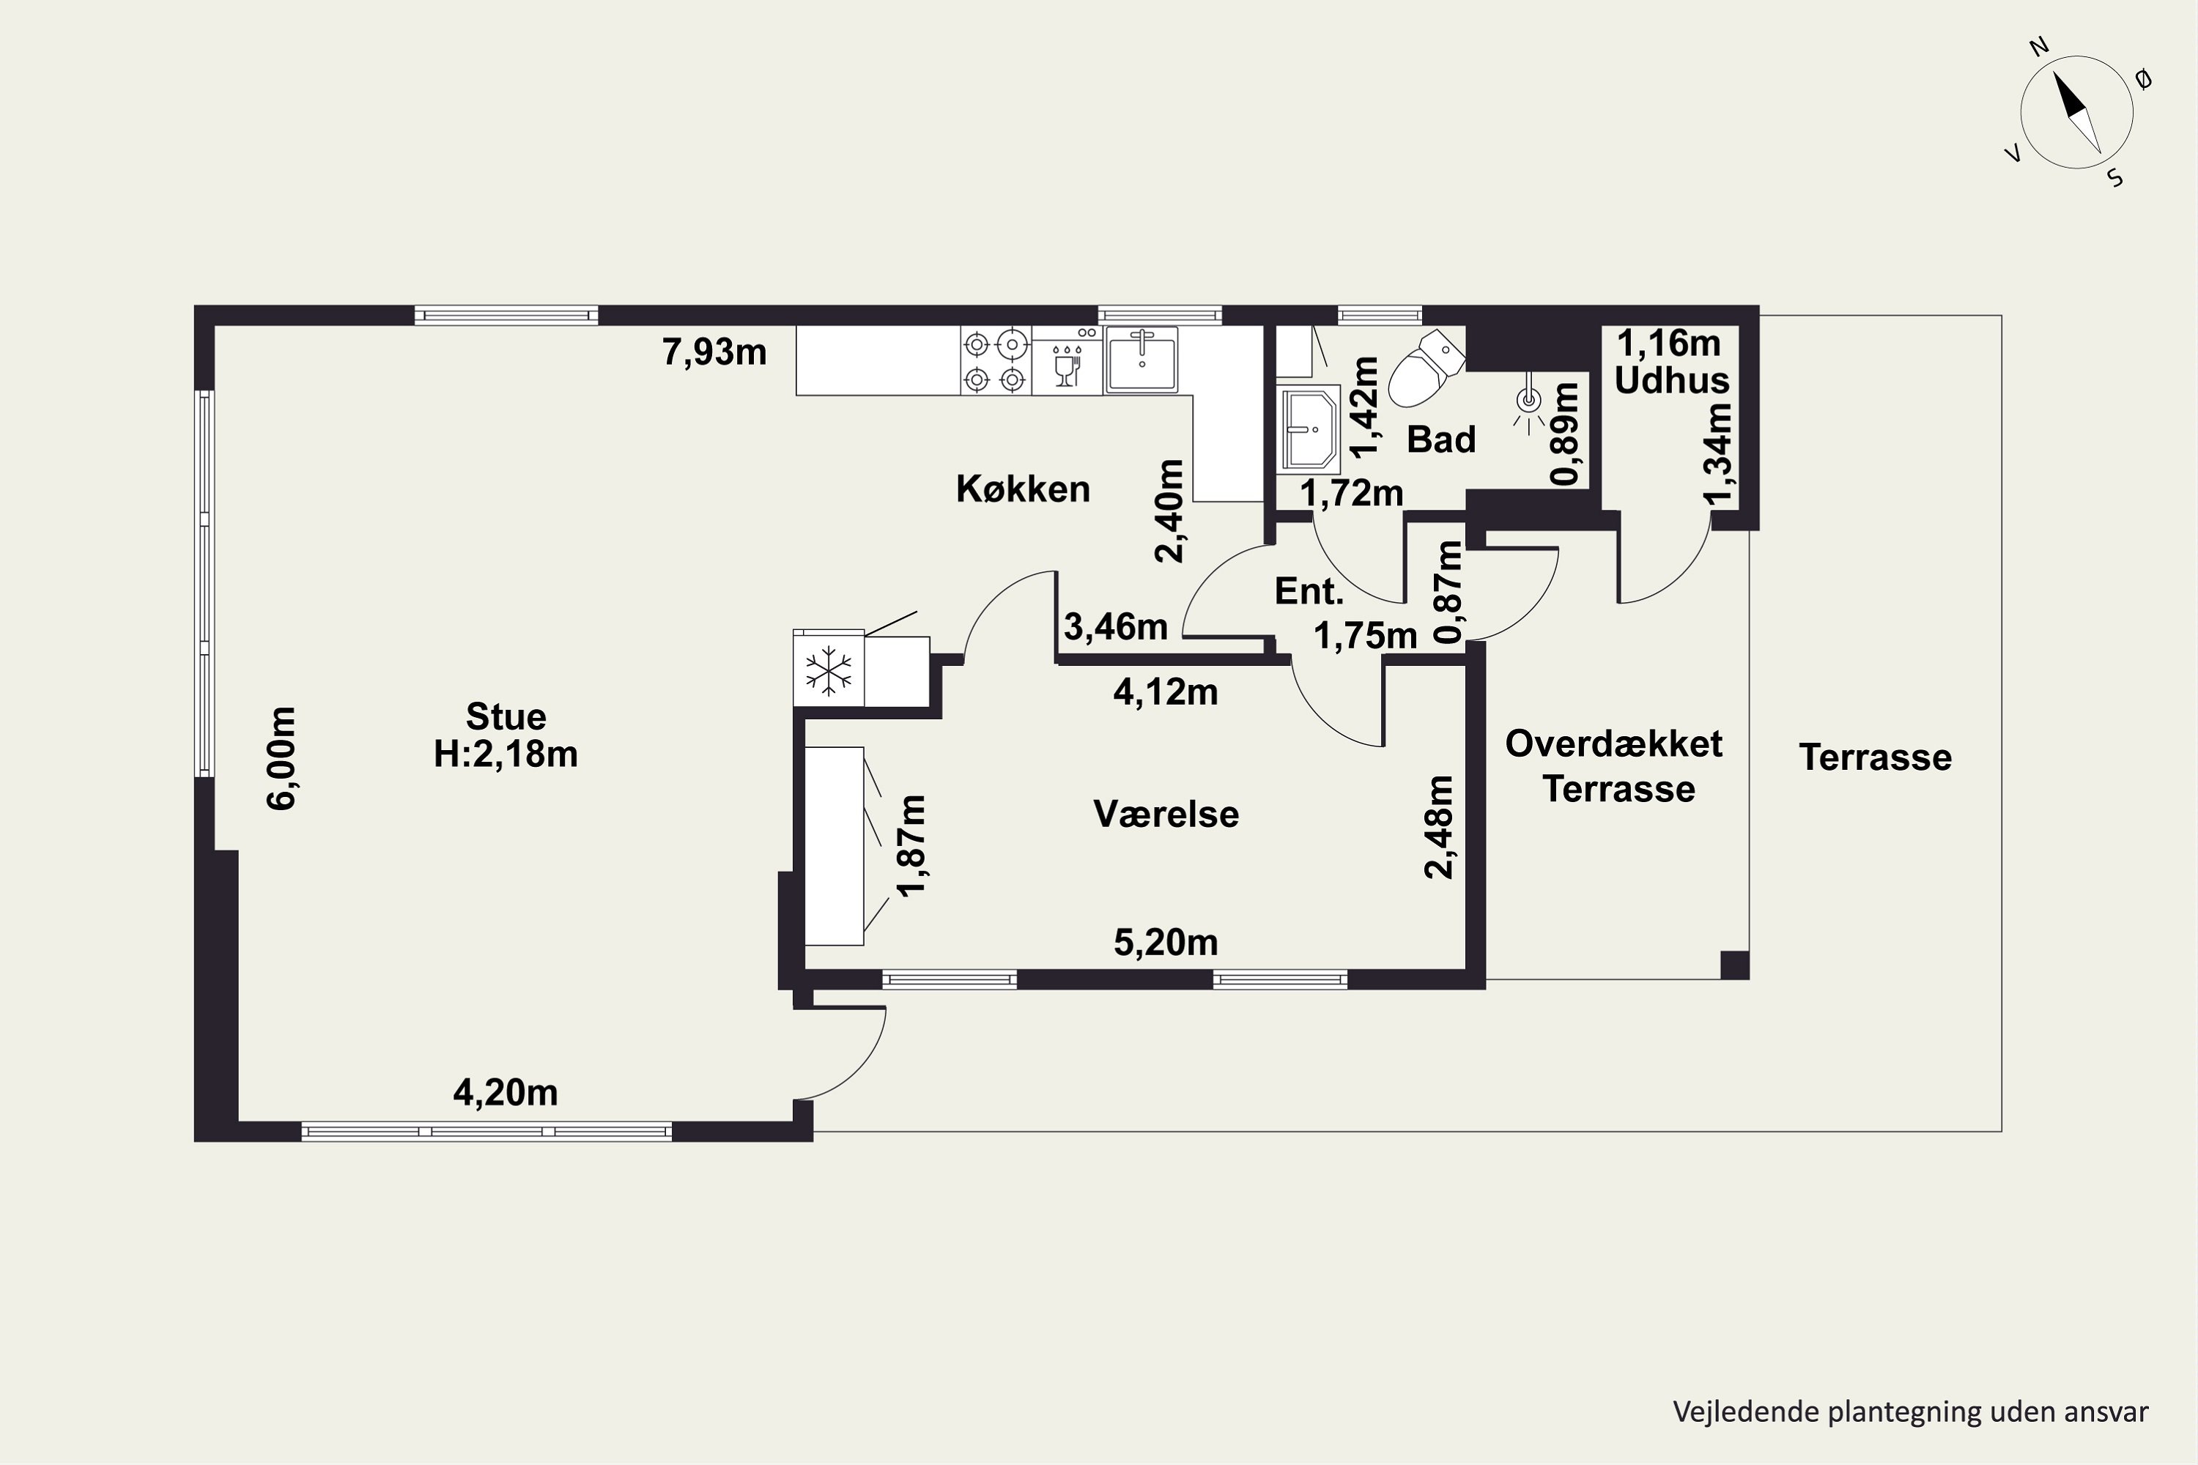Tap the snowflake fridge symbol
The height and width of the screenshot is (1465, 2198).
click(828, 670)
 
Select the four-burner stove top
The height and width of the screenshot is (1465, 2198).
click(995, 360)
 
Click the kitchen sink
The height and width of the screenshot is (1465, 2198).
click(1141, 359)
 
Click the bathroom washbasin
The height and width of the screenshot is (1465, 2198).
click(1309, 429)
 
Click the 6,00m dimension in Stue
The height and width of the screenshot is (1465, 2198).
click(282, 757)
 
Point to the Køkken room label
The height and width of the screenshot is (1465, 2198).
click(1022, 489)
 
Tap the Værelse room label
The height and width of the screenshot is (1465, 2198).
click(1166, 814)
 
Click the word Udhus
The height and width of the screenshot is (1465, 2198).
click(1672, 380)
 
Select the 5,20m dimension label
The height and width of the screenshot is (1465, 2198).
click(1166, 943)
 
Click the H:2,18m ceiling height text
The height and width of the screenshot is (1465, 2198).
click(506, 754)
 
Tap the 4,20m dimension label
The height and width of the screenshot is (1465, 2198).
click(505, 1092)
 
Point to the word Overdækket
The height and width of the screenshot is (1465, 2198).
click(1614, 743)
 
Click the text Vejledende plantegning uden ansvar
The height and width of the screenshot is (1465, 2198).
click(1910, 1412)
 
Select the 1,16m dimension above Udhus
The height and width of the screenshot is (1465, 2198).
click(1668, 344)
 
